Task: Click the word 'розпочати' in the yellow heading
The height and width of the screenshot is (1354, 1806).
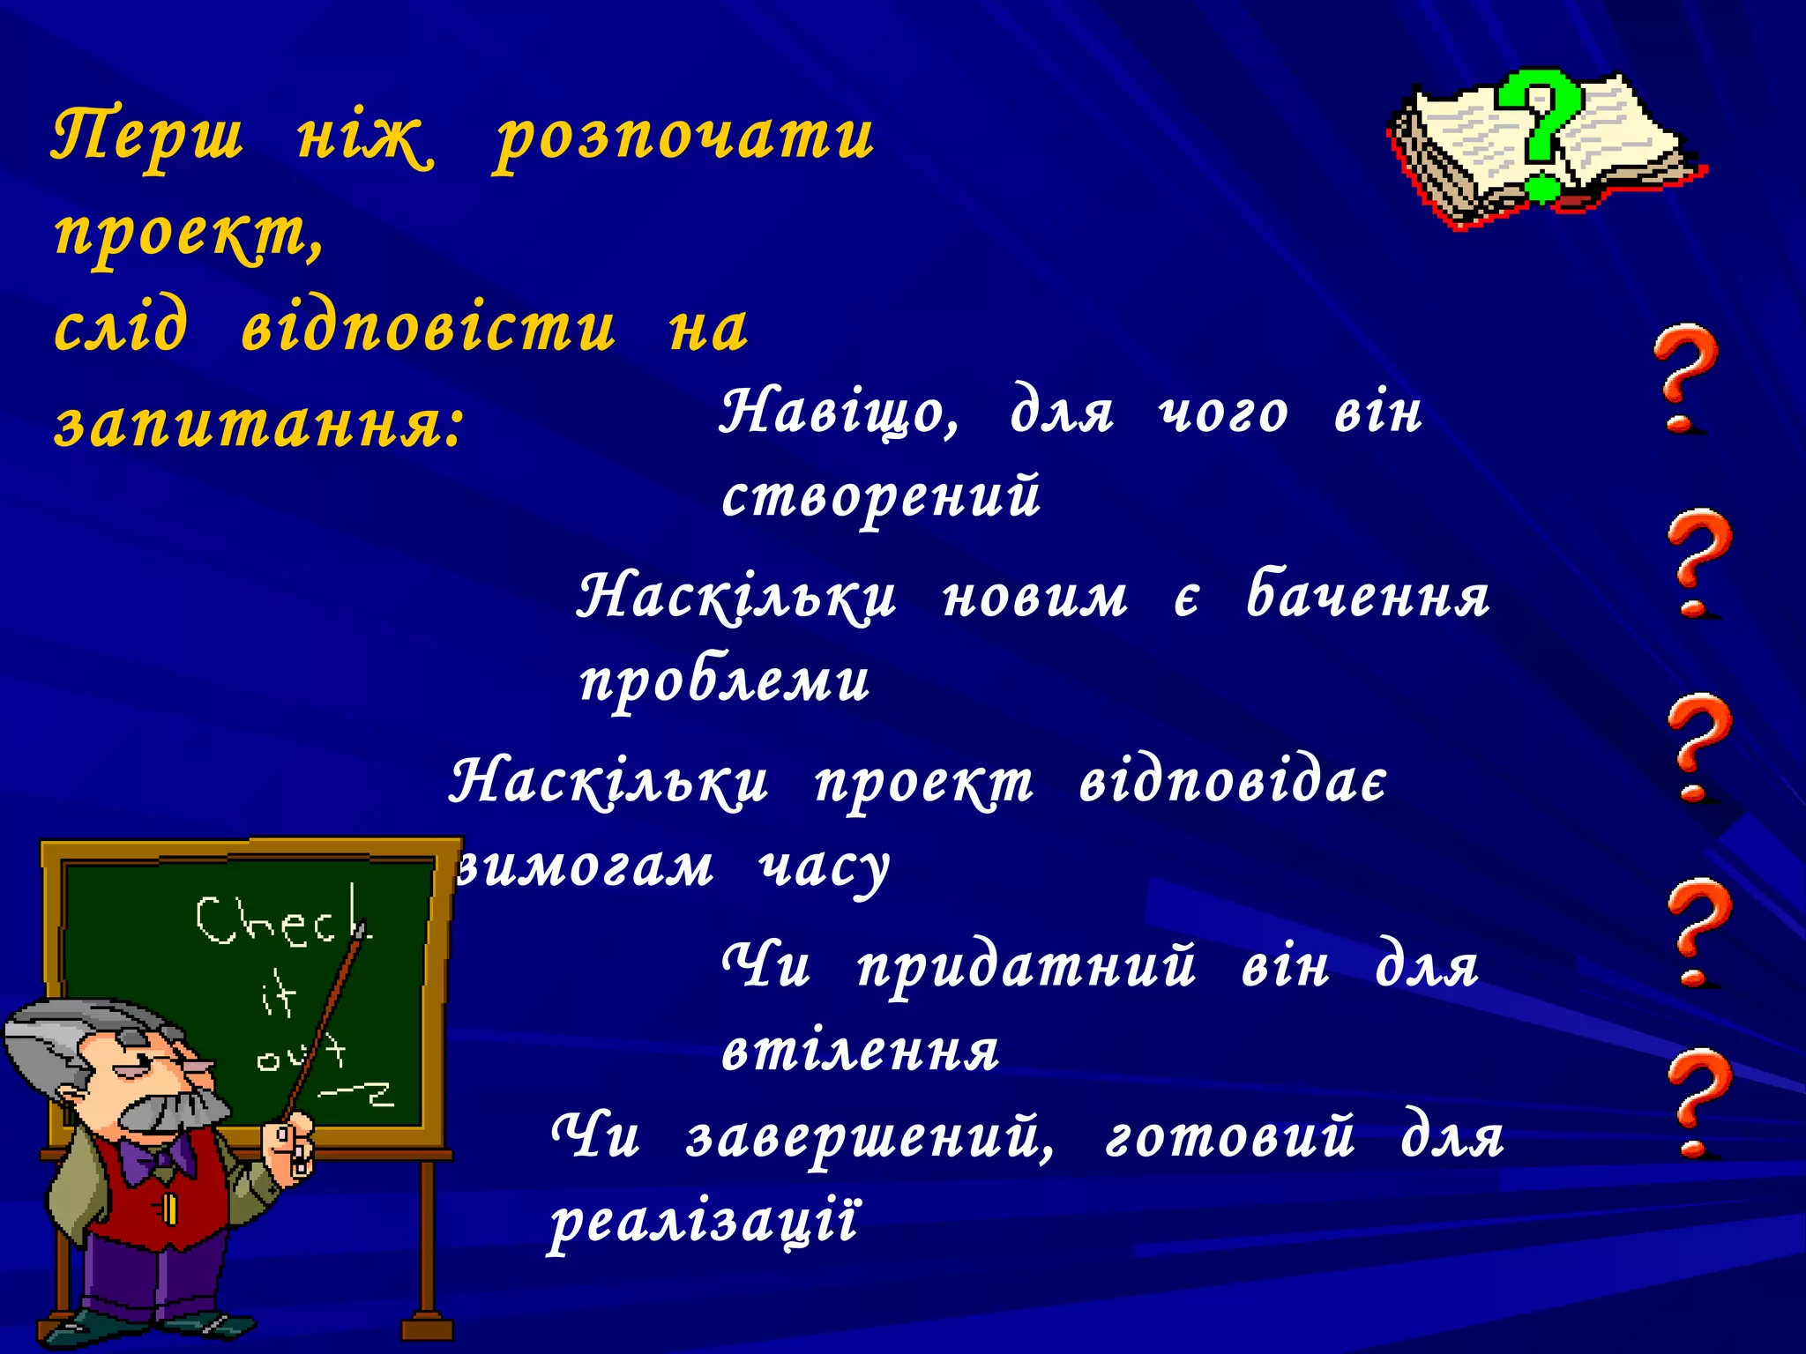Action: (x=683, y=139)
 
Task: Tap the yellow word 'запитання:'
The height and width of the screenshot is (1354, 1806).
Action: (x=258, y=424)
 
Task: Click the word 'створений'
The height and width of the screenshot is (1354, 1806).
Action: (x=881, y=496)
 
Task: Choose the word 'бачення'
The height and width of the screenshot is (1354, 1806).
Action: (x=1368, y=595)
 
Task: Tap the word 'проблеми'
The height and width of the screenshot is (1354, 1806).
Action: (x=725, y=681)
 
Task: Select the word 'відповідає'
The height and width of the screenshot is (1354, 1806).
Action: (x=1233, y=782)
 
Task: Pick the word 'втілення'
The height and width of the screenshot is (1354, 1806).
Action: (x=860, y=1051)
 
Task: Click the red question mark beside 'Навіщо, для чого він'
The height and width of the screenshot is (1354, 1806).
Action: (x=1685, y=379)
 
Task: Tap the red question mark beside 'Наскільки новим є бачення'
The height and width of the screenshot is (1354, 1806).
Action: (x=1698, y=564)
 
